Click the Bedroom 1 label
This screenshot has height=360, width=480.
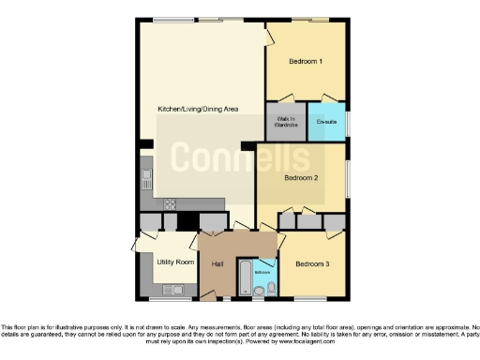pos(306,62)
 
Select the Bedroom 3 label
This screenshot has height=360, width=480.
pos(314,264)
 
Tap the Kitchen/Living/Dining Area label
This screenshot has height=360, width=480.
pos(198,110)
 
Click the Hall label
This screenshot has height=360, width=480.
pos(217,264)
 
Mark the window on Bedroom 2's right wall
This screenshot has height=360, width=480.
pos(349,179)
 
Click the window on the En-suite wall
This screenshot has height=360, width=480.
pos(349,123)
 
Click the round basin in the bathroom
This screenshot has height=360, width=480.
pos(258,291)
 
